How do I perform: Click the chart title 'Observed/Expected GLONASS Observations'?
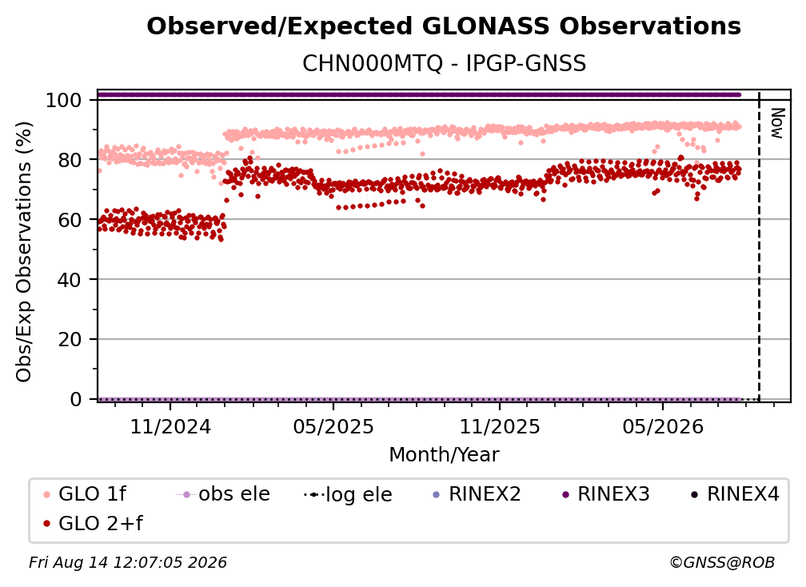444,26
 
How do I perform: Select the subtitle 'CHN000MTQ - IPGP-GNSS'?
444,64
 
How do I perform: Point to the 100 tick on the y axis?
64,100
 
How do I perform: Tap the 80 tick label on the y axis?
70,160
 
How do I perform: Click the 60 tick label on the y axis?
70,219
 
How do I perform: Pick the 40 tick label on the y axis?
70,280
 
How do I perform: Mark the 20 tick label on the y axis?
70,339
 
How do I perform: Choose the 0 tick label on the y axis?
76,399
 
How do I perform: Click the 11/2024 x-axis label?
170,426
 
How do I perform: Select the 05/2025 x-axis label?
333,426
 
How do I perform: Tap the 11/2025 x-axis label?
500,426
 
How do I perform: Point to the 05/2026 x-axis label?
663,426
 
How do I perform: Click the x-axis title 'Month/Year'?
444,454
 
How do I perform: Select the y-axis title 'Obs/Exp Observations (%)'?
24,251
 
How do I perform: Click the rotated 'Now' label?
776,123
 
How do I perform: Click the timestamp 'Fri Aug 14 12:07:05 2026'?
127,562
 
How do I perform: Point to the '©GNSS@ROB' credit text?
722,562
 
